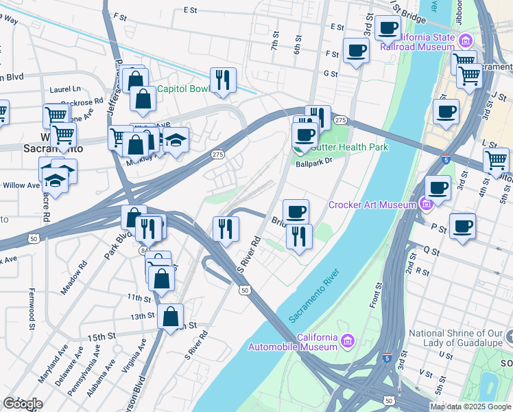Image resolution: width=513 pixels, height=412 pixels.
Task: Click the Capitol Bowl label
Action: point(184,89)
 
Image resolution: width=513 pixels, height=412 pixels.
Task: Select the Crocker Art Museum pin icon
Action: point(425,204)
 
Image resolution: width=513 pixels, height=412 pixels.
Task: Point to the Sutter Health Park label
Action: point(350,147)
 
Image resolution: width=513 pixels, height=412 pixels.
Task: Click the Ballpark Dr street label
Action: point(313,163)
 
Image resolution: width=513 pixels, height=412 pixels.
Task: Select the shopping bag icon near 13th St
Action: point(171,317)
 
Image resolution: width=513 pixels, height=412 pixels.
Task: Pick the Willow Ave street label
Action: point(21,185)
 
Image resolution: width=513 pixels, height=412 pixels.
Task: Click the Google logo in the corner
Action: point(22,403)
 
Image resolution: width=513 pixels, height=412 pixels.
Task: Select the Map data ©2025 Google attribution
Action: point(470,407)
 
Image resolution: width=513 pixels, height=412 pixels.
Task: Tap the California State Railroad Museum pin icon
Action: point(466,41)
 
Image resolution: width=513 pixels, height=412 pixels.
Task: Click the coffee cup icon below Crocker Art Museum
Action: point(464,226)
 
